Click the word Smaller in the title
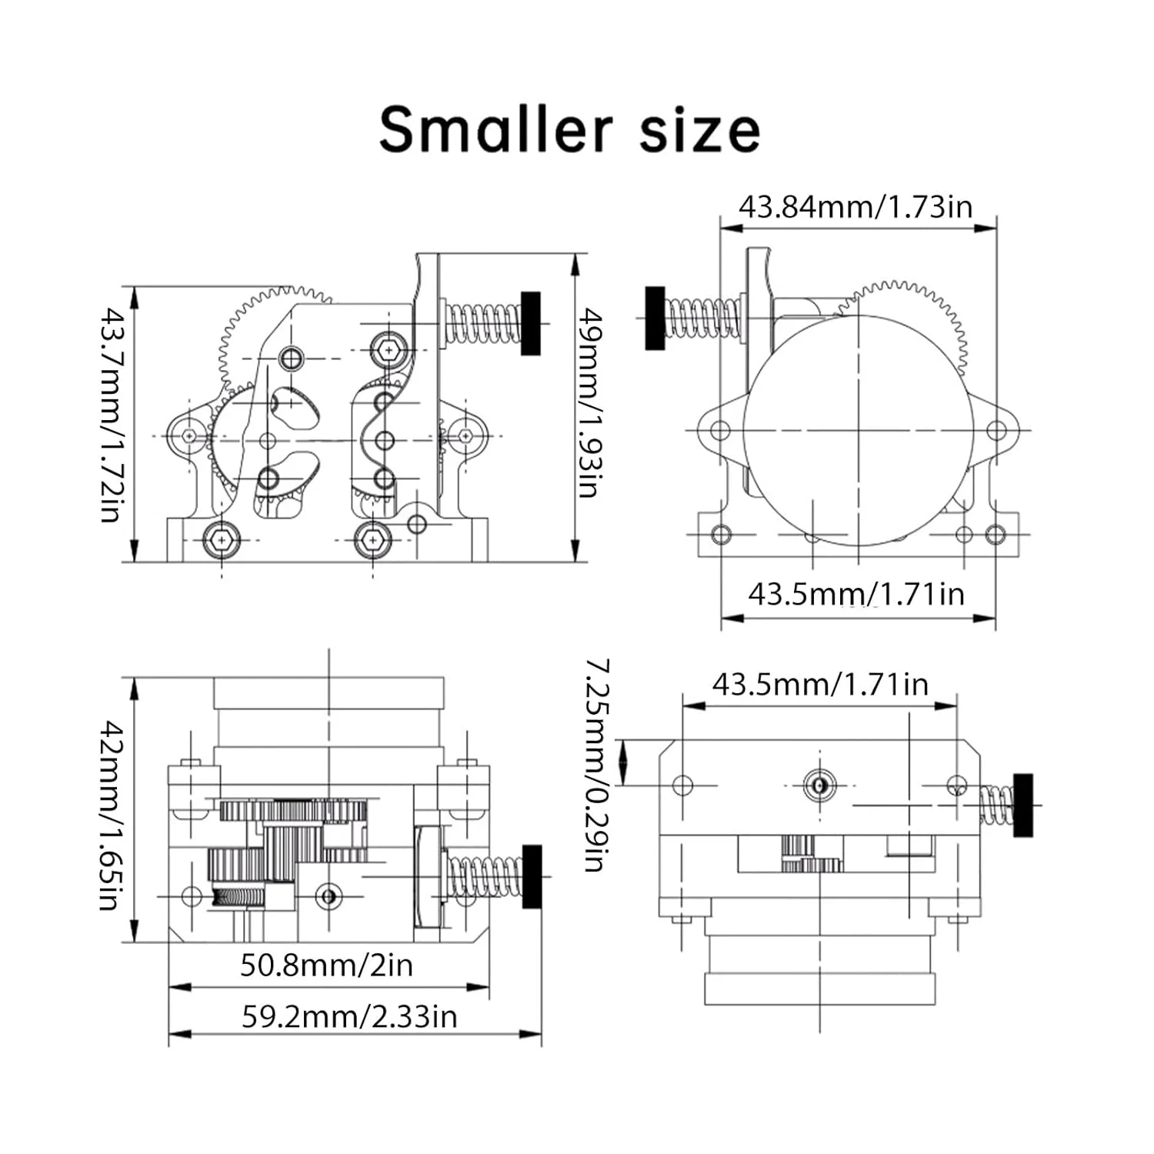coord(495,129)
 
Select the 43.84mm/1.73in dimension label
coord(855,207)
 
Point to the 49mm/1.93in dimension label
coord(589,402)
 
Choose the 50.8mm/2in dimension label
coord(326,965)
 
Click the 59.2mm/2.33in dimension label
coord(349,1016)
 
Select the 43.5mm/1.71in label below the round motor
coord(855,594)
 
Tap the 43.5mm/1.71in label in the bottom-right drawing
coord(820,684)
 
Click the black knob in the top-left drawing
coord(530,323)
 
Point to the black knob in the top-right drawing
coord(655,318)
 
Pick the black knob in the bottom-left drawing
coord(532,876)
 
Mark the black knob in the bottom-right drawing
coord(1022,805)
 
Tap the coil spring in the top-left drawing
coord(483,324)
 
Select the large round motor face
coord(858,430)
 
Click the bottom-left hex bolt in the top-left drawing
coord(222,540)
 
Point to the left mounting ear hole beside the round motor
coord(719,429)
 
